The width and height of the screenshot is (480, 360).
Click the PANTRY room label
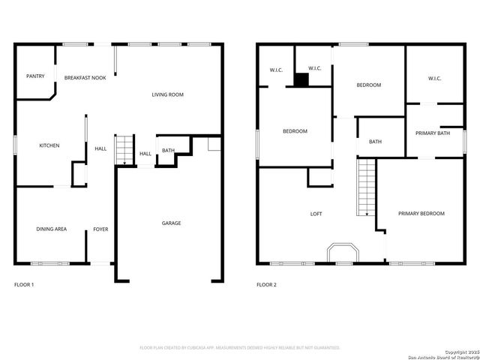coord(35,76)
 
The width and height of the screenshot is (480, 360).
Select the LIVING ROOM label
coord(167,94)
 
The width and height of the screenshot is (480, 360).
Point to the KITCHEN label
coord(49,145)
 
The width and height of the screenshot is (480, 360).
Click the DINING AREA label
coord(52,229)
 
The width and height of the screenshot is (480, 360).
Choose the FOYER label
coord(100,229)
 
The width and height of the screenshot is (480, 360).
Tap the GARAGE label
coord(171,223)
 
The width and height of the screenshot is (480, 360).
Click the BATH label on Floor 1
coord(168,151)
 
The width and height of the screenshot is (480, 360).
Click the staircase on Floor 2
coord(365,186)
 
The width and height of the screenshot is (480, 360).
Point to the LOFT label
coord(316,214)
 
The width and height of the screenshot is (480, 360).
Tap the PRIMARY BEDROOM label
coord(421,214)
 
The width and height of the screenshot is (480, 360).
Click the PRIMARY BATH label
coord(433,133)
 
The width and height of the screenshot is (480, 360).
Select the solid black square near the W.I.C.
coord(301,80)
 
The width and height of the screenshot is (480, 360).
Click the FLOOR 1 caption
coord(24,285)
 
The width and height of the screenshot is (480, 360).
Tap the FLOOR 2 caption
coord(266,285)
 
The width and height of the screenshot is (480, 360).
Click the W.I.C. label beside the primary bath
coord(434,78)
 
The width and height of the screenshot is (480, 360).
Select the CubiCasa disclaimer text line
coord(240,348)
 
